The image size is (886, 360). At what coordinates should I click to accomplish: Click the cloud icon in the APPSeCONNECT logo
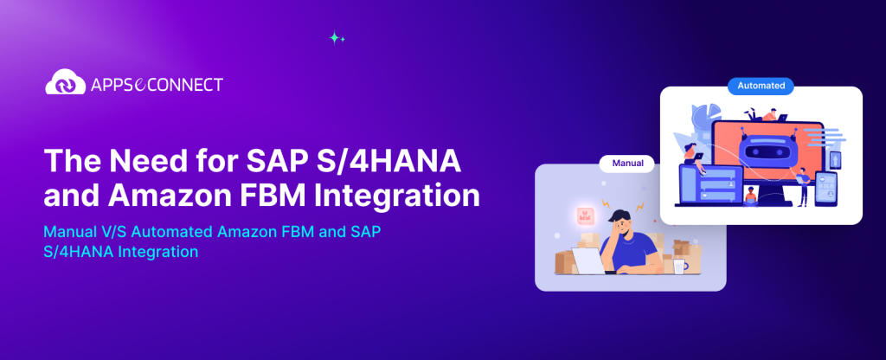pyautogui.click(x=62, y=83)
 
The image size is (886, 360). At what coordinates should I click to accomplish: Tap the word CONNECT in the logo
pyautogui.click(x=187, y=84)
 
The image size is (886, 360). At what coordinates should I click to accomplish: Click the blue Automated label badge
pyautogui.click(x=761, y=86)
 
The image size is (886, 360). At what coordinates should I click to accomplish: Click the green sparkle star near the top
pyautogui.click(x=337, y=37)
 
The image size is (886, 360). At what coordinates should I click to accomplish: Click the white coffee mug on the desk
pyautogui.click(x=679, y=266)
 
